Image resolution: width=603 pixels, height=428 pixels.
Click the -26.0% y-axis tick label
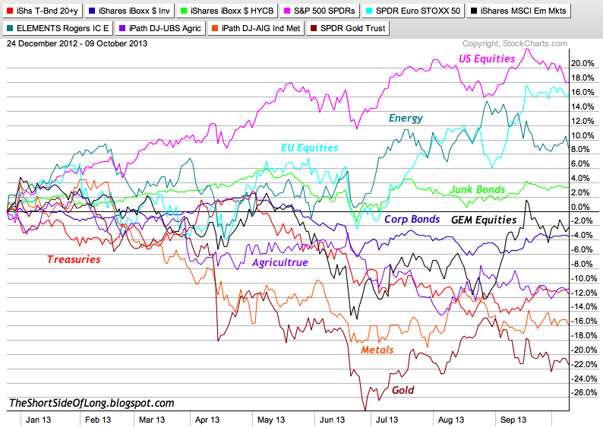(582, 393)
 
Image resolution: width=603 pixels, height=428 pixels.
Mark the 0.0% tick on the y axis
(582, 207)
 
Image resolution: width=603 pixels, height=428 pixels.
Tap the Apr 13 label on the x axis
(207, 418)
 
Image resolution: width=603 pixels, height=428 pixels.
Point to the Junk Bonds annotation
(478, 189)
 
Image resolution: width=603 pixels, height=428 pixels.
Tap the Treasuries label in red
(74, 259)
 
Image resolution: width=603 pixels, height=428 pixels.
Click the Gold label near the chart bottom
(403, 390)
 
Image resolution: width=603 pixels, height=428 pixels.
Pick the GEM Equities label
(484, 220)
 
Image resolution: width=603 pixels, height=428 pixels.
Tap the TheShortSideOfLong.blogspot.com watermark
(92, 403)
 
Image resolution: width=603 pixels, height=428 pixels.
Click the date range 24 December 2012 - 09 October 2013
(77, 43)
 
